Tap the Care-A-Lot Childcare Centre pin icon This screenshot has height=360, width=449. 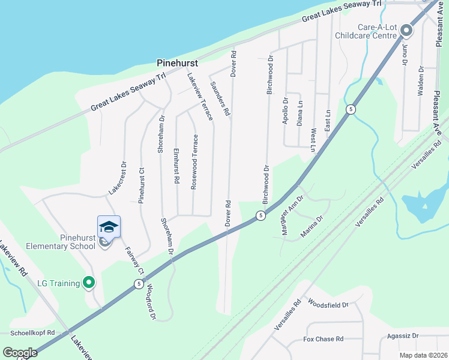[406, 30]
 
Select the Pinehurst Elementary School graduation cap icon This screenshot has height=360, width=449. [109, 227]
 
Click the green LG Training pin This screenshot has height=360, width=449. [89, 282]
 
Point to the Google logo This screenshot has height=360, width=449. [20, 352]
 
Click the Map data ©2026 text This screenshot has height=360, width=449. [423, 355]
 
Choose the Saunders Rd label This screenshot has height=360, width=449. [220, 98]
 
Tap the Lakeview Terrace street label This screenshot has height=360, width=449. [200, 97]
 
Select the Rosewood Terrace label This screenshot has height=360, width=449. [194, 162]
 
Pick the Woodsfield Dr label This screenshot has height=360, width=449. [328, 305]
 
